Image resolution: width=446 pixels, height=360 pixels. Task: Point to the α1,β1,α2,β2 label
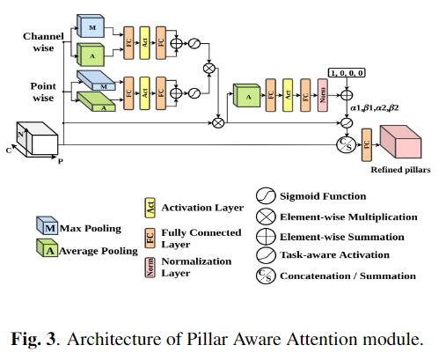[x=375, y=107]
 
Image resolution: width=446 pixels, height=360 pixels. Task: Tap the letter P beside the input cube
[x=61, y=162]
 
